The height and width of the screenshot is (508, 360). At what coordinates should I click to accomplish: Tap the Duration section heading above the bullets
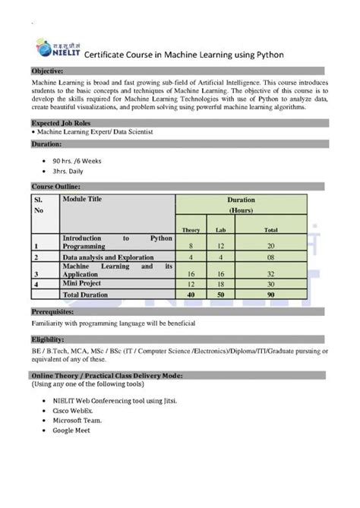(46, 143)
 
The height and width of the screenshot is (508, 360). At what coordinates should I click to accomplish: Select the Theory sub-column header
(191, 229)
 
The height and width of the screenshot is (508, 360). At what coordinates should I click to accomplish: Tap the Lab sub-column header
(220, 229)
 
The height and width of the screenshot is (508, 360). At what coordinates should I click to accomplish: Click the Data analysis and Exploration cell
(113, 257)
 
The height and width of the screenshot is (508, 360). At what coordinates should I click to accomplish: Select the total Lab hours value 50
(220, 294)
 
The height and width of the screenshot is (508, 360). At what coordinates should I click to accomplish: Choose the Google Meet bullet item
(72, 431)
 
